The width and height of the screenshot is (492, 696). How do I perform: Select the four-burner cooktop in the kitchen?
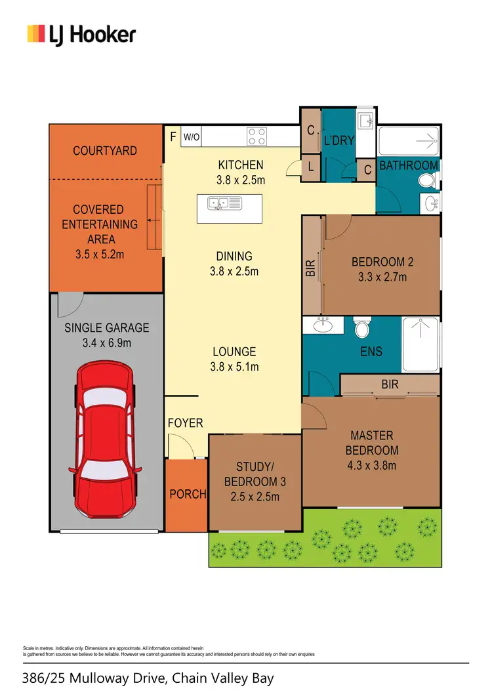coord(256,136)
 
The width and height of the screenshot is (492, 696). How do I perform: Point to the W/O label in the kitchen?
coord(191,137)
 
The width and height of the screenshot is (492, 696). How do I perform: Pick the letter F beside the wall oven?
coord(173,137)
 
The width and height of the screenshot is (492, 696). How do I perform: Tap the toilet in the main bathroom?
coord(428,180)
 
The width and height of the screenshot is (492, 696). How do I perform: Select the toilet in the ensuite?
coord(362,326)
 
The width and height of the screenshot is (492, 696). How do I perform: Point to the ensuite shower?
coord(420,344)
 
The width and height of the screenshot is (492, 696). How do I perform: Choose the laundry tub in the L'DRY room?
coord(365,121)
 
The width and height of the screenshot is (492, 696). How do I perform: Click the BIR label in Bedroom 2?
coord(312,266)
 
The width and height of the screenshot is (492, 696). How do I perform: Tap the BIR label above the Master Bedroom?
coord(390,384)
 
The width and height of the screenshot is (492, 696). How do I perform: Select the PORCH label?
coord(188,494)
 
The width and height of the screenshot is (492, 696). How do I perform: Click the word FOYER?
coord(186,423)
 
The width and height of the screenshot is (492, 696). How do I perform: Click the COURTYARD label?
coord(105,151)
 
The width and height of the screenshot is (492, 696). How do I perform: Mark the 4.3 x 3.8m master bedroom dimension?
coord(372,466)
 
